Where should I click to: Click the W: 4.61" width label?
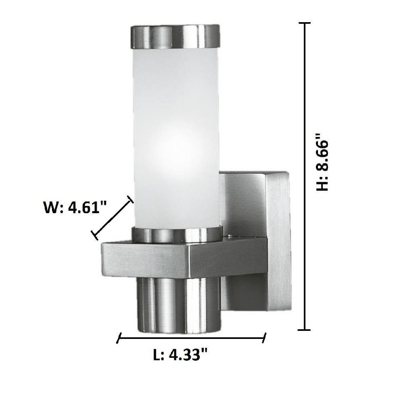(75, 207)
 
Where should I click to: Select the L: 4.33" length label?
(180, 355)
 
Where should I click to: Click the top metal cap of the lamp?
(176, 37)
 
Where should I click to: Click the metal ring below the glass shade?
(177, 235)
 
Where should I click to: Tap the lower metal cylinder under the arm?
(179, 305)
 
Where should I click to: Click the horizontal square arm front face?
(146, 260)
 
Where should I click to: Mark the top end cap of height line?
(305, 23)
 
